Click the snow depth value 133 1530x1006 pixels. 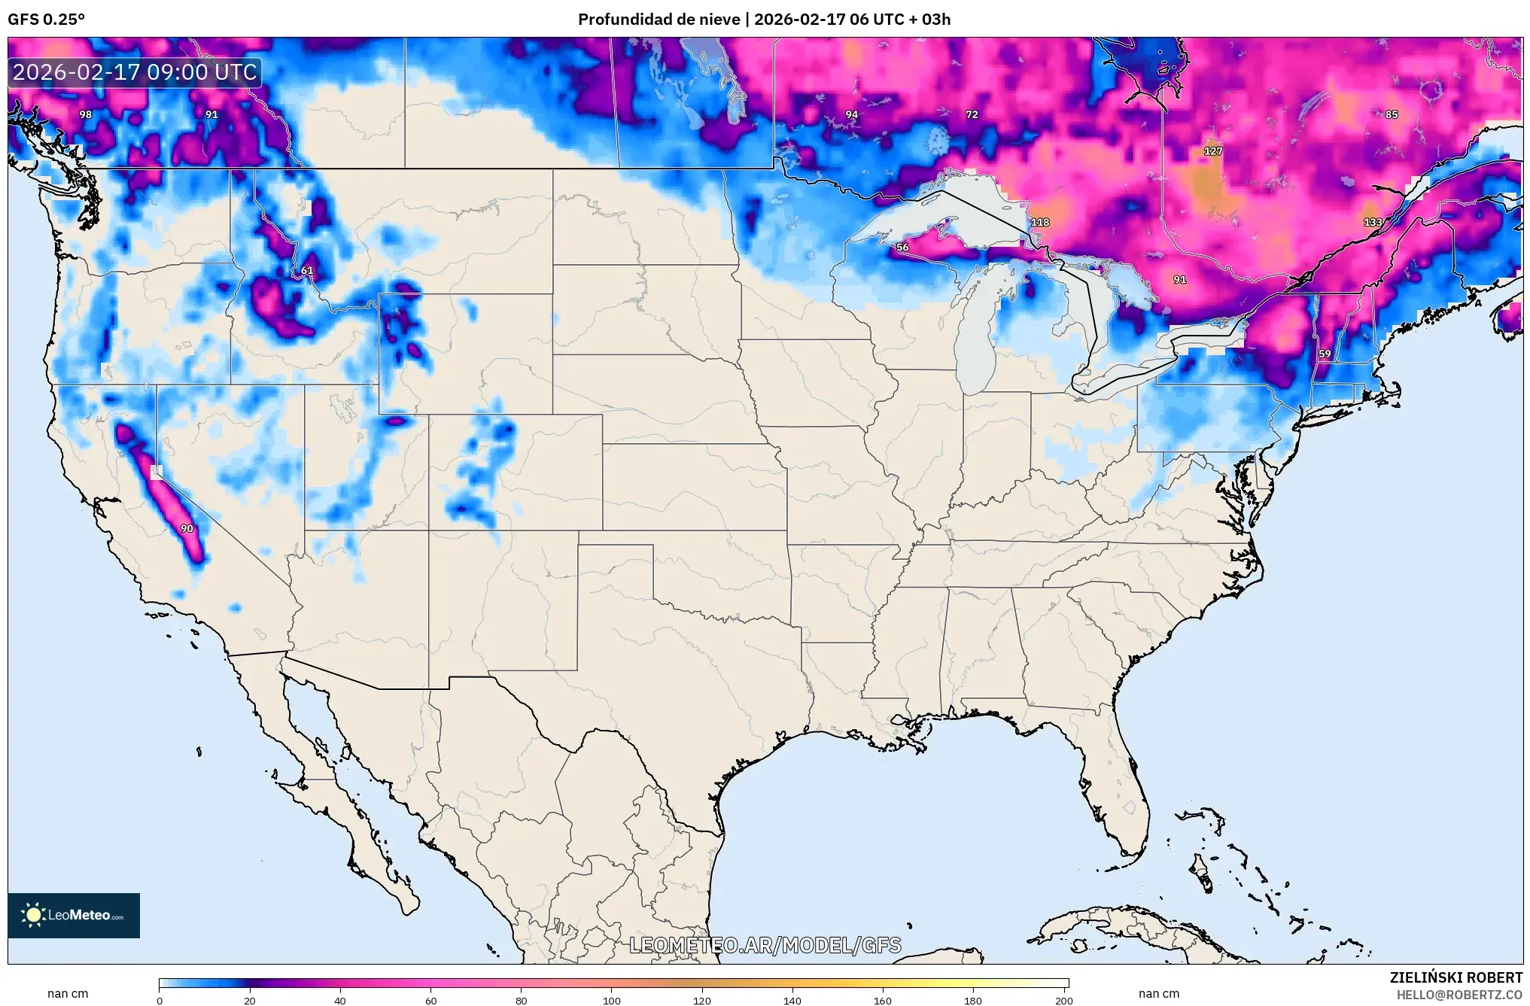pos(1373,222)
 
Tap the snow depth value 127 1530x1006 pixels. pos(1213,150)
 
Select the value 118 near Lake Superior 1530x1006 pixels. pos(1040,222)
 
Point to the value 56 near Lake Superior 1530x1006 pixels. pos(902,247)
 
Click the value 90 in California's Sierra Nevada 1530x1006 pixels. pos(187,528)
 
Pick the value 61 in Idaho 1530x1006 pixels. pos(307,270)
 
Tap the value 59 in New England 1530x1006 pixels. pos(1325,354)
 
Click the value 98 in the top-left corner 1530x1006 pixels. pos(86,114)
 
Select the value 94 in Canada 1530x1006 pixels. pos(851,114)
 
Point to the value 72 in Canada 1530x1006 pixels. pos(972,114)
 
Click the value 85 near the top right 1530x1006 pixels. pos(1392,114)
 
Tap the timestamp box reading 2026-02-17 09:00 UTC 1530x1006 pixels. pos(135,72)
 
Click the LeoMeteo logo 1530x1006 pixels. pos(74,915)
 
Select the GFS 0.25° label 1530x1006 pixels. pos(46,20)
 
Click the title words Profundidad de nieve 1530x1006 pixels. pos(659,20)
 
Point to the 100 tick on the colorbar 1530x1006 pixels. pos(611,1000)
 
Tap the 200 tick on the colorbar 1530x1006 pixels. pos(1063,1000)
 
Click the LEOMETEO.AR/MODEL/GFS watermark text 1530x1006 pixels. pos(765,945)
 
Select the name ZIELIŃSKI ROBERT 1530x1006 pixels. pos(1455,977)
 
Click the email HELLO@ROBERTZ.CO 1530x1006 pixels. pos(1459,995)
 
